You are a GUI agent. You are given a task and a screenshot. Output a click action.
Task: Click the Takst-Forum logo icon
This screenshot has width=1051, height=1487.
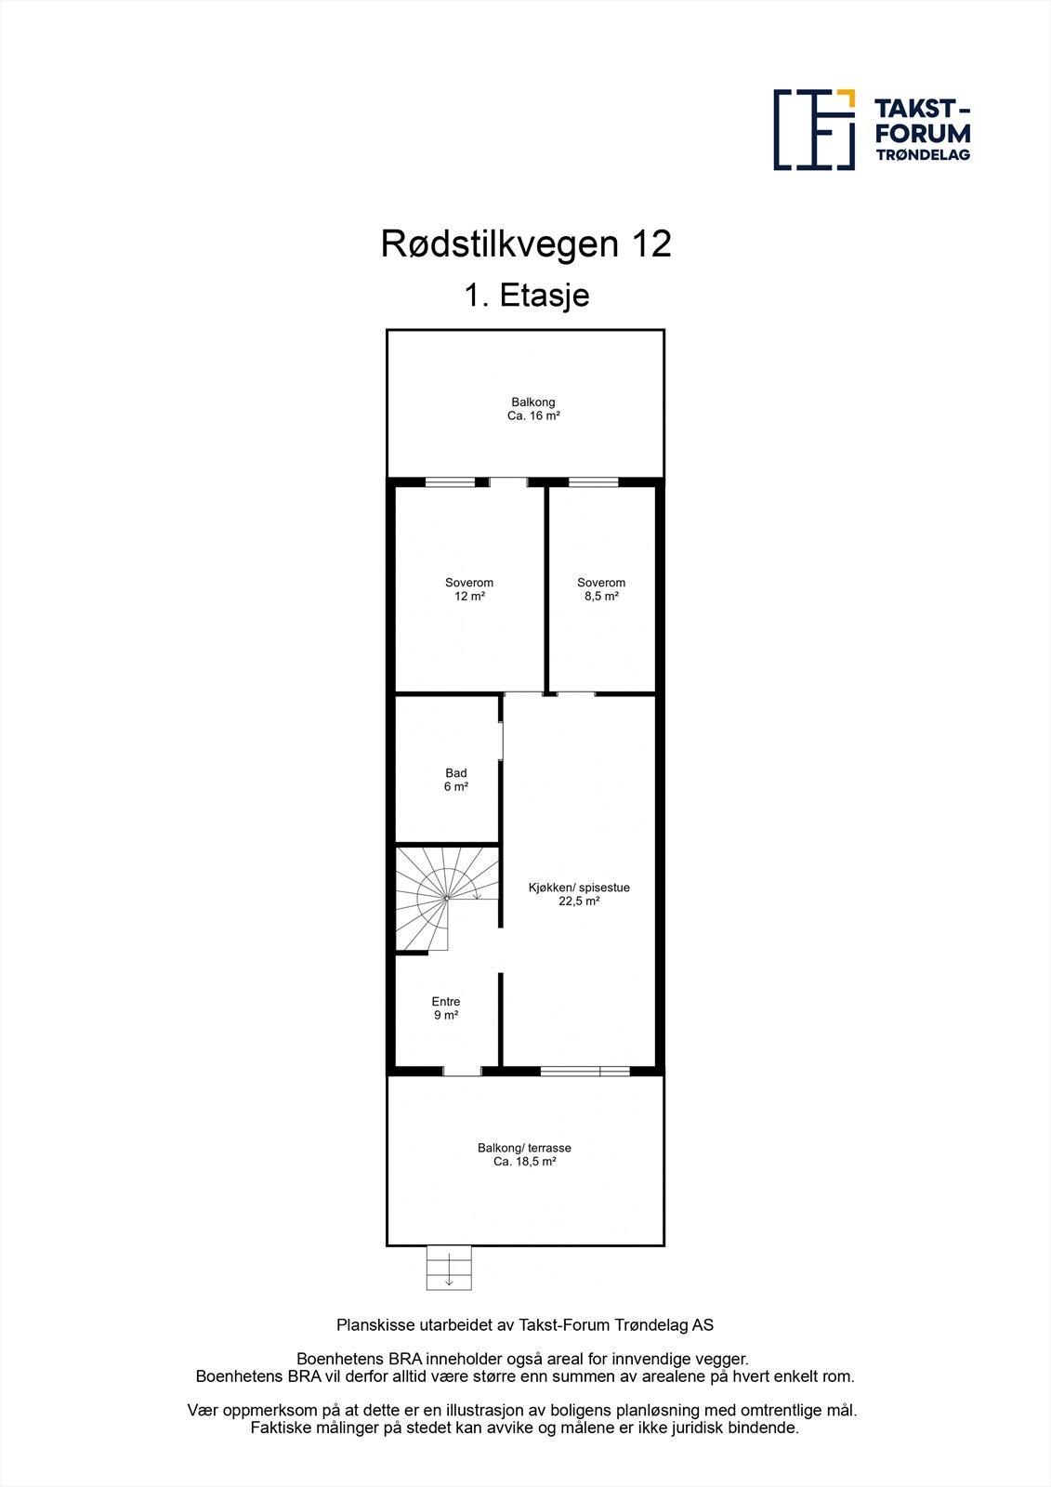[x=814, y=129]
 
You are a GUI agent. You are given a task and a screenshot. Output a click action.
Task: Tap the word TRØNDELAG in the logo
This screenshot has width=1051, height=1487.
[x=923, y=155]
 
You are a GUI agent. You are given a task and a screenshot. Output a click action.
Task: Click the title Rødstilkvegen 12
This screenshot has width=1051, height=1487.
[x=526, y=244]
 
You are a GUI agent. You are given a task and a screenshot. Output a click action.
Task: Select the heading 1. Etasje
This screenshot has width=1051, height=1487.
[x=526, y=296]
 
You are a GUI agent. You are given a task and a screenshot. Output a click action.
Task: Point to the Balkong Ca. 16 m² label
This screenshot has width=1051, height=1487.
[x=533, y=409]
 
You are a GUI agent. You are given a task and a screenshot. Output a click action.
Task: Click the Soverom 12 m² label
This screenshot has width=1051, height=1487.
[x=469, y=589]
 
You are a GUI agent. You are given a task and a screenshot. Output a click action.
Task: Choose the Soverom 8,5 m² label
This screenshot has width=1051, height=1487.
[x=601, y=589]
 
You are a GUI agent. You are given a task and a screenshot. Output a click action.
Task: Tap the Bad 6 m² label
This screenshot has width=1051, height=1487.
[x=455, y=780]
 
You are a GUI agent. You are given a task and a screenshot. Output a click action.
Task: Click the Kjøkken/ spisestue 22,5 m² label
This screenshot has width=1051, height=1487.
[x=579, y=894]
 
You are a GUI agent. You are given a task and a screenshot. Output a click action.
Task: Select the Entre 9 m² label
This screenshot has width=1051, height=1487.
[x=446, y=1008]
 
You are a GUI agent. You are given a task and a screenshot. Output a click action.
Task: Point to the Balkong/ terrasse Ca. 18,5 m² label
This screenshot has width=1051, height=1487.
[x=524, y=1154]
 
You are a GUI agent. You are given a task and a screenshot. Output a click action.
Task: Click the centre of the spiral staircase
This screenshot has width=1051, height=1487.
[x=446, y=899]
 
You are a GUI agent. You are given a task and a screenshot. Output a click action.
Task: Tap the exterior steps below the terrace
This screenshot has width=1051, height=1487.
[x=449, y=1268]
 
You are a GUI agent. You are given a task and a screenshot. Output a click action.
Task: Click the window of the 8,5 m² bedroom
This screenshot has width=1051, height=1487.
[x=593, y=482]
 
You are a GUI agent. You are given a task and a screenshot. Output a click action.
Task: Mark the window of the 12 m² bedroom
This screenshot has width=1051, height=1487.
[x=450, y=482]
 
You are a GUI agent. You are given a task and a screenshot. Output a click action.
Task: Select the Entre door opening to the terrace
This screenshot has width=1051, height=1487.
[x=462, y=1071]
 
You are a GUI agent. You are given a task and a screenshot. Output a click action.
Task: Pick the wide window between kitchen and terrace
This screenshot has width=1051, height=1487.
[x=585, y=1071]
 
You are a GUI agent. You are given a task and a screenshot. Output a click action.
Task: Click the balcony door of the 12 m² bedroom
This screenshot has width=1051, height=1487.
[x=508, y=481]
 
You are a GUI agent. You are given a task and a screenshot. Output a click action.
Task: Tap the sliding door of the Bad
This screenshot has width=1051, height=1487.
[x=501, y=741]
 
